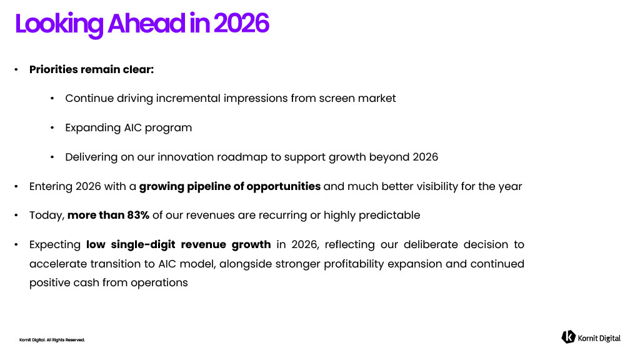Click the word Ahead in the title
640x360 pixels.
point(146,23)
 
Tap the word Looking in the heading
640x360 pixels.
point(59,25)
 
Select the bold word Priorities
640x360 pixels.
point(54,69)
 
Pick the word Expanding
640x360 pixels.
point(93,128)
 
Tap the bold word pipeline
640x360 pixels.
point(209,187)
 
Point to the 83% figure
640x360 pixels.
point(138,215)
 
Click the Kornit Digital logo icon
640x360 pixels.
point(568,337)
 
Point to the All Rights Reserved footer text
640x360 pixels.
point(66,340)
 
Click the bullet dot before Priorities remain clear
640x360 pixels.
point(16,70)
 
